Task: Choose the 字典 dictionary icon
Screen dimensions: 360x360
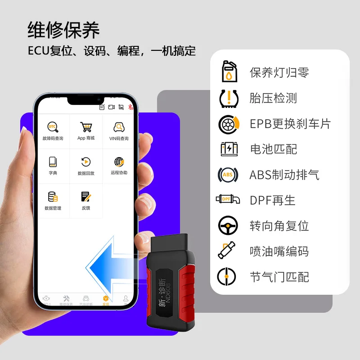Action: point(53,162)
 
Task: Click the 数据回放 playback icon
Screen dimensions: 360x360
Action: point(85,162)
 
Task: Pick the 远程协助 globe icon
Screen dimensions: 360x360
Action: point(119,162)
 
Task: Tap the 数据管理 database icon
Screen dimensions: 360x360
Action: point(53,197)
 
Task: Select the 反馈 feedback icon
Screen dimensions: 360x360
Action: point(85,197)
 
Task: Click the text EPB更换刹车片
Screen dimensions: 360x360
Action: point(290,124)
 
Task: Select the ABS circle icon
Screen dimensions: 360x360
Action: point(228,175)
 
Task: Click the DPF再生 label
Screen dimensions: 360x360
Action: point(273,200)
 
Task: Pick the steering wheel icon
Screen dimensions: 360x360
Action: point(228,225)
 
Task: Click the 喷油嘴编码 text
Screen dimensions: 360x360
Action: point(279,251)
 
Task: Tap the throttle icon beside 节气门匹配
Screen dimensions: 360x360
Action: point(227,276)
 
